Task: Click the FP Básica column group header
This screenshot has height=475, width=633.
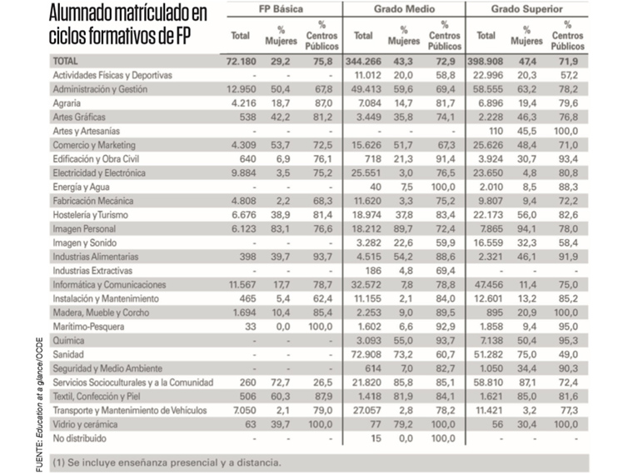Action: click(x=282, y=9)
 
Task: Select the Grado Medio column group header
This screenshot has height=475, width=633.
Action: click(x=404, y=9)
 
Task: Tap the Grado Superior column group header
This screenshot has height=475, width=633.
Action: click(x=528, y=9)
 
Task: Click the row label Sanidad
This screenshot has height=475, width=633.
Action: click(x=69, y=355)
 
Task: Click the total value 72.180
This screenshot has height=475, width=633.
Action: click(x=240, y=62)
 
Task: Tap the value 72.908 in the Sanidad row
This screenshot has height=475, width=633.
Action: click(x=364, y=355)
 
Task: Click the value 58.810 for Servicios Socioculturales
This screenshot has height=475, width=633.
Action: click(x=486, y=382)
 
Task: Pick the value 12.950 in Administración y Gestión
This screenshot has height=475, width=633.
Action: click(x=242, y=88)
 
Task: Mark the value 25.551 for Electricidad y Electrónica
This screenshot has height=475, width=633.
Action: click(x=364, y=172)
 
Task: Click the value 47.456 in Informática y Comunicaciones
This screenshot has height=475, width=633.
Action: click(x=486, y=284)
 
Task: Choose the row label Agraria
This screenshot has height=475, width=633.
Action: click(x=67, y=102)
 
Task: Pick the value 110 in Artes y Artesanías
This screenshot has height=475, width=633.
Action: click(x=491, y=131)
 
